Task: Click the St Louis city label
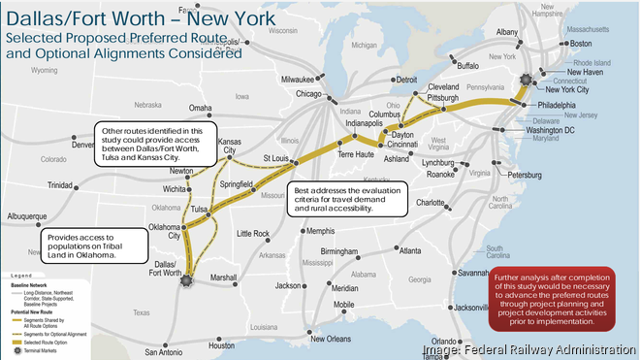point(279,158)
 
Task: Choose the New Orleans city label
point(330,339)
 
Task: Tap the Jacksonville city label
point(468,308)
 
